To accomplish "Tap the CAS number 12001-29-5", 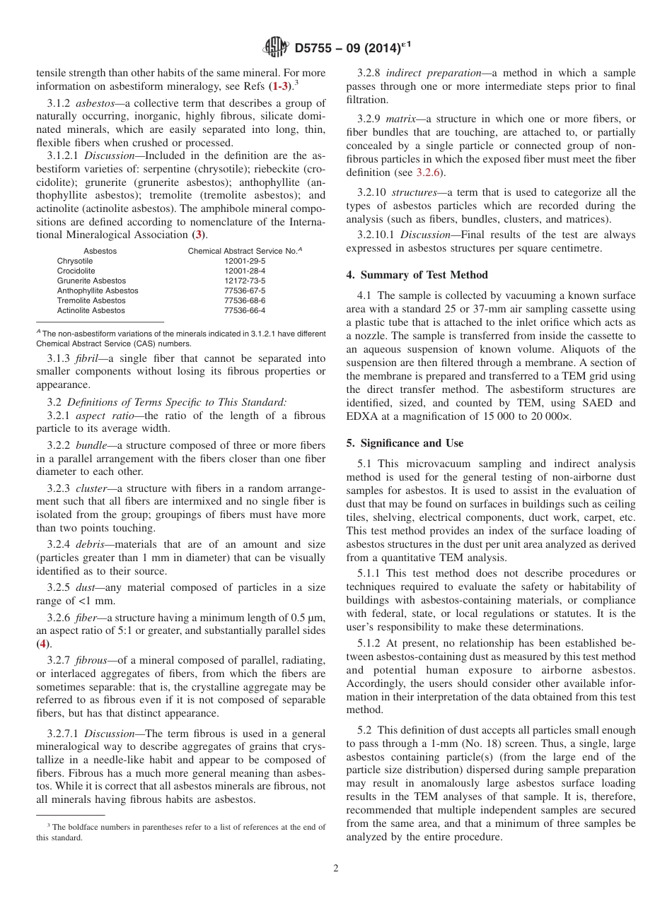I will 245,261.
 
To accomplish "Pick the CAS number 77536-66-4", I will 245,310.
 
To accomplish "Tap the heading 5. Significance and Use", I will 405,443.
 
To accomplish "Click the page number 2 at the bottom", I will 336,869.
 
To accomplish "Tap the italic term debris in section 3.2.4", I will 89,544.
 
